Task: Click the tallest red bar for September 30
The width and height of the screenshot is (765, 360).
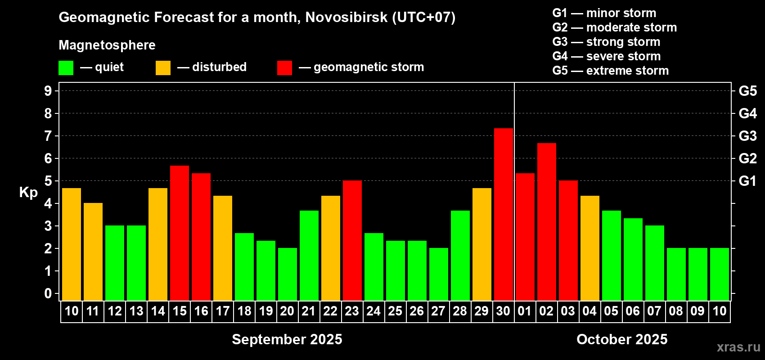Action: click(x=504, y=214)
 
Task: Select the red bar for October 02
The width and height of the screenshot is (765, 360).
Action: click(x=546, y=222)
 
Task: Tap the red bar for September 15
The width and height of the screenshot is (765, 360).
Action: click(x=180, y=233)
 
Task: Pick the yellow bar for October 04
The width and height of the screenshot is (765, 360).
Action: click(x=590, y=248)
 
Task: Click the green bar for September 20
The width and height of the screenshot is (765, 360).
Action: click(x=288, y=274)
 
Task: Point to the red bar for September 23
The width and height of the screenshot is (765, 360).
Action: click(x=352, y=240)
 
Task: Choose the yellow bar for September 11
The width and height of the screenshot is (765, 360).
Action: click(x=93, y=252)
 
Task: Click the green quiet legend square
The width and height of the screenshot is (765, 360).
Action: click(x=66, y=67)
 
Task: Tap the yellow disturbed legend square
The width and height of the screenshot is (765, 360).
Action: click(x=163, y=67)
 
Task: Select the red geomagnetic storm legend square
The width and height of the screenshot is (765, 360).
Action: click(x=284, y=67)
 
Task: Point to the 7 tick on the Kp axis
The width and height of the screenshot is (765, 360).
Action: click(x=48, y=136)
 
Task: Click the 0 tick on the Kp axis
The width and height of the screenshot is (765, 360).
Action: click(x=48, y=293)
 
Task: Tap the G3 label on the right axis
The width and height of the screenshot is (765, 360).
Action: click(x=747, y=136)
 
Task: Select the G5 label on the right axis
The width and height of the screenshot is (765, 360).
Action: click(x=747, y=91)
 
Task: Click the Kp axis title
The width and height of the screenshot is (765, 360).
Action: click(x=28, y=193)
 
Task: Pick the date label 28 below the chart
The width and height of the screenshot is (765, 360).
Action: click(x=460, y=311)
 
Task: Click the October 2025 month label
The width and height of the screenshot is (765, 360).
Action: click(x=622, y=339)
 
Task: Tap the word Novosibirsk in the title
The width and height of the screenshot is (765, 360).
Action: click(x=346, y=17)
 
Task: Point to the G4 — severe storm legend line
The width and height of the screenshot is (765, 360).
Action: click(x=607, y=56)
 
